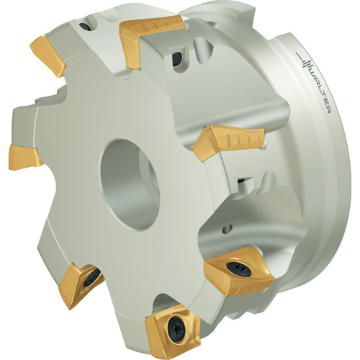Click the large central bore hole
click(x=130, y=184)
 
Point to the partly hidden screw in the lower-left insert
click(x=92, y=279)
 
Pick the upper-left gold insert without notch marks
click(x=48, y=55)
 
